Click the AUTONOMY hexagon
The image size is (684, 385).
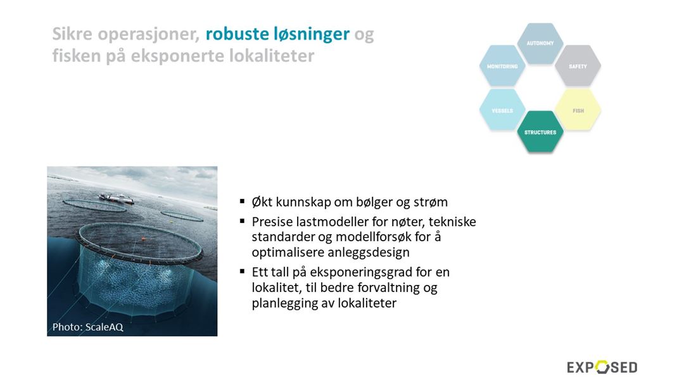click(x=540, y=43)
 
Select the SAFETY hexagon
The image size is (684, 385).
click(x=578, y=66)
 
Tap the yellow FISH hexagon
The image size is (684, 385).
click(x=578, y=110)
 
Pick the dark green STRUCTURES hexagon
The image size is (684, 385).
click(x=540, y=132)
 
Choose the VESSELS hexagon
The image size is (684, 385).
click(x=502, y=110)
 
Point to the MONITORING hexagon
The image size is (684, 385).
click(x=502, y=66)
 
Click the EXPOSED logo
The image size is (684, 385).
click(x=602, y=367)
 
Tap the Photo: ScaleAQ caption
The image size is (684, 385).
click(x=87, y=327)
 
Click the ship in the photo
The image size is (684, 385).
click(x=116, y=198)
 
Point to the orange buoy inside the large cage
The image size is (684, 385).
click(x=143, y=239)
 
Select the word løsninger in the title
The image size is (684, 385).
click(x=312, y=35)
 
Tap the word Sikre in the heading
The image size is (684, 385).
click(x=72, y=34)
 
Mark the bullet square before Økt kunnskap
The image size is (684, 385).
click(x=242, y=201)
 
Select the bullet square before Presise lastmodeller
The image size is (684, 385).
click(x=242, y=221)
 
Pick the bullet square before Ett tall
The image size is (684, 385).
click(x=242, y=271)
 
